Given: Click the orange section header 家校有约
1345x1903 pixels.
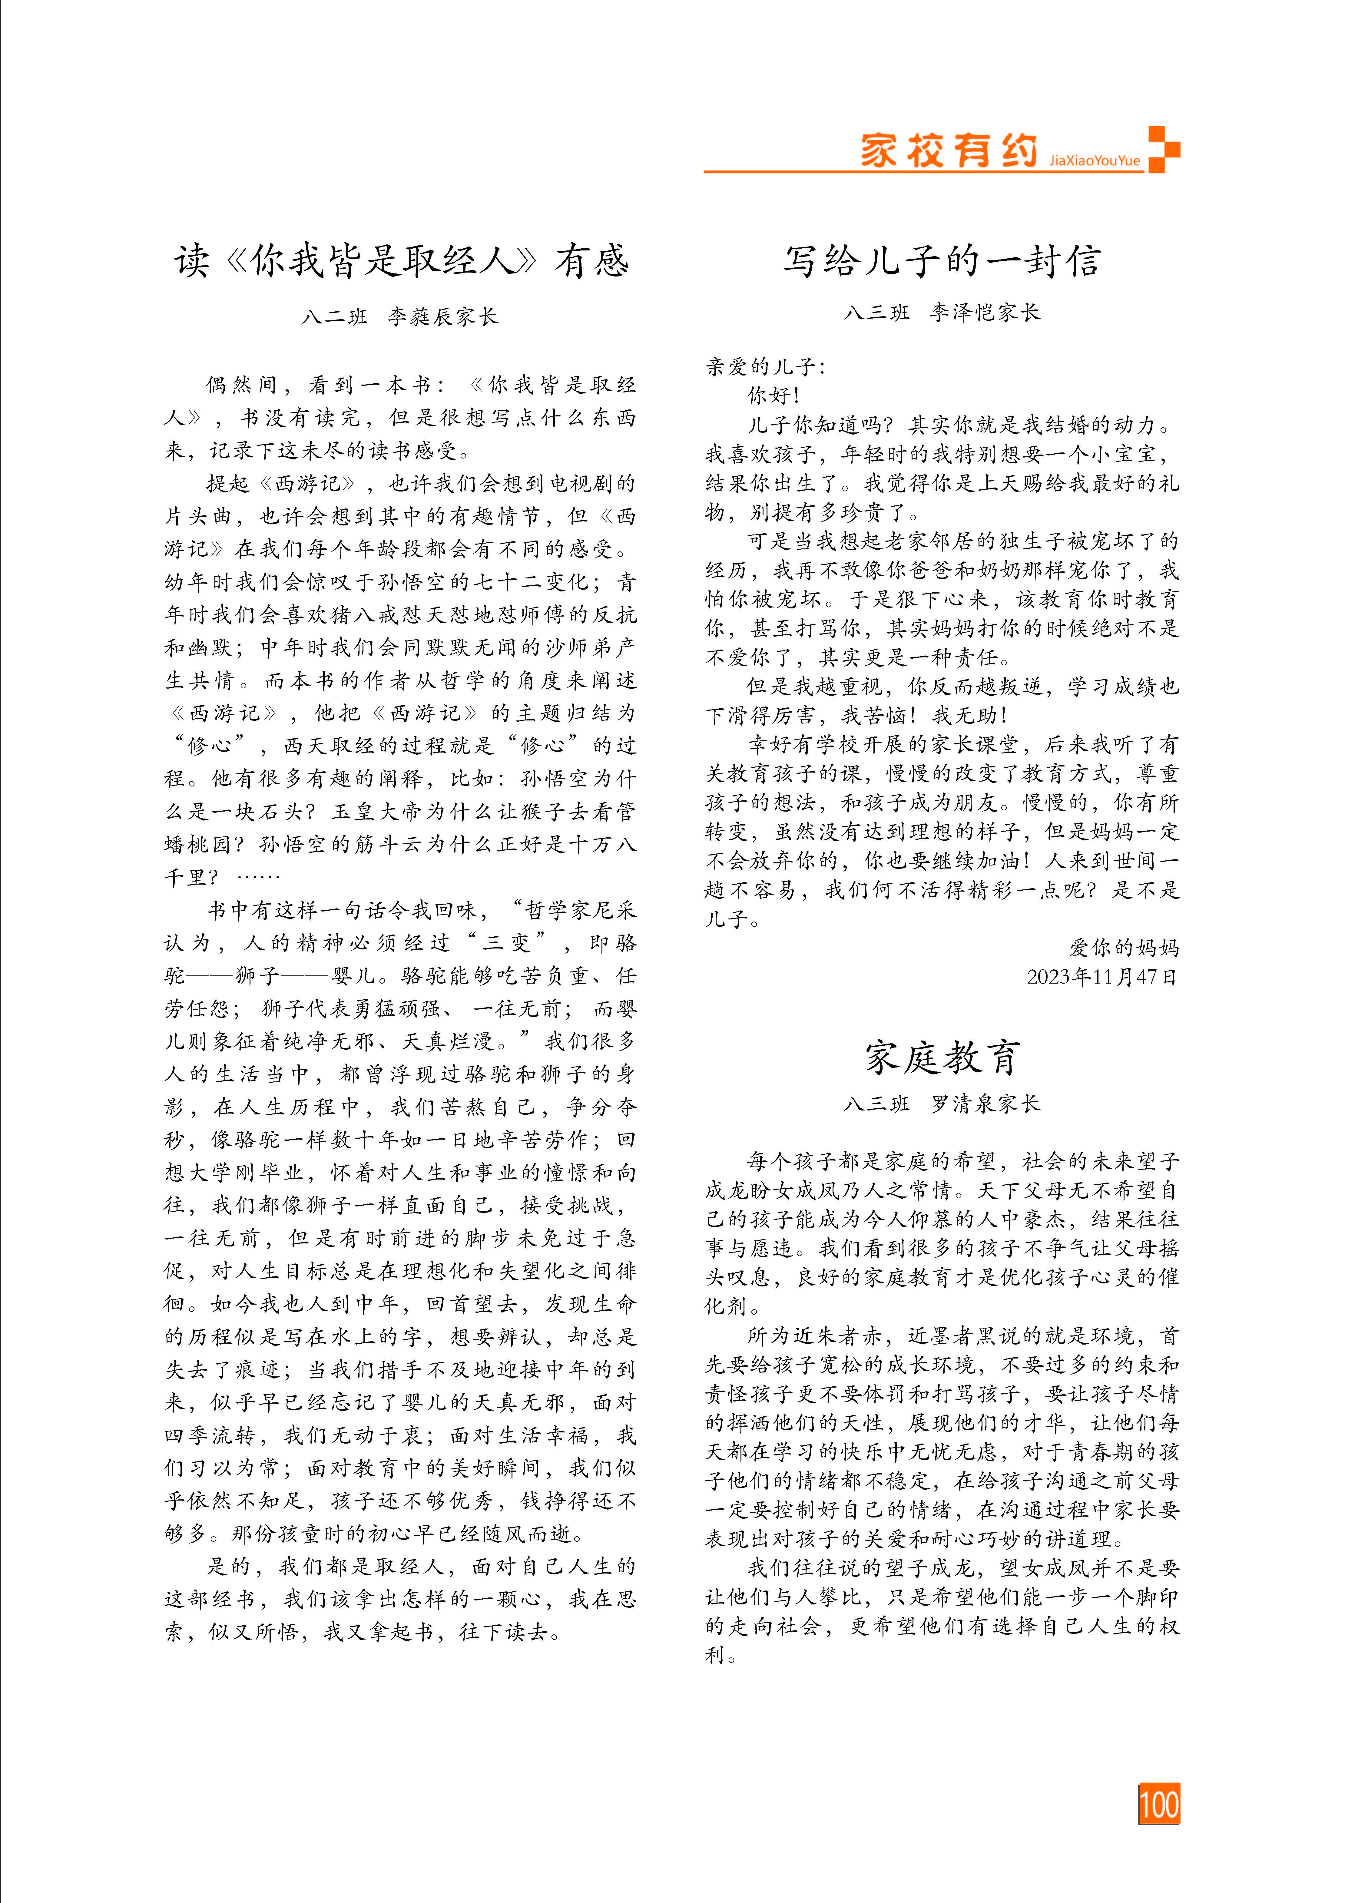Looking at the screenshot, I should click(949, 151).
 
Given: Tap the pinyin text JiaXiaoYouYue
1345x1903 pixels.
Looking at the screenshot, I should click(1094, 161).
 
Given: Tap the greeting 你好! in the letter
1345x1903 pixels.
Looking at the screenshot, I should click(773, 395).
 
